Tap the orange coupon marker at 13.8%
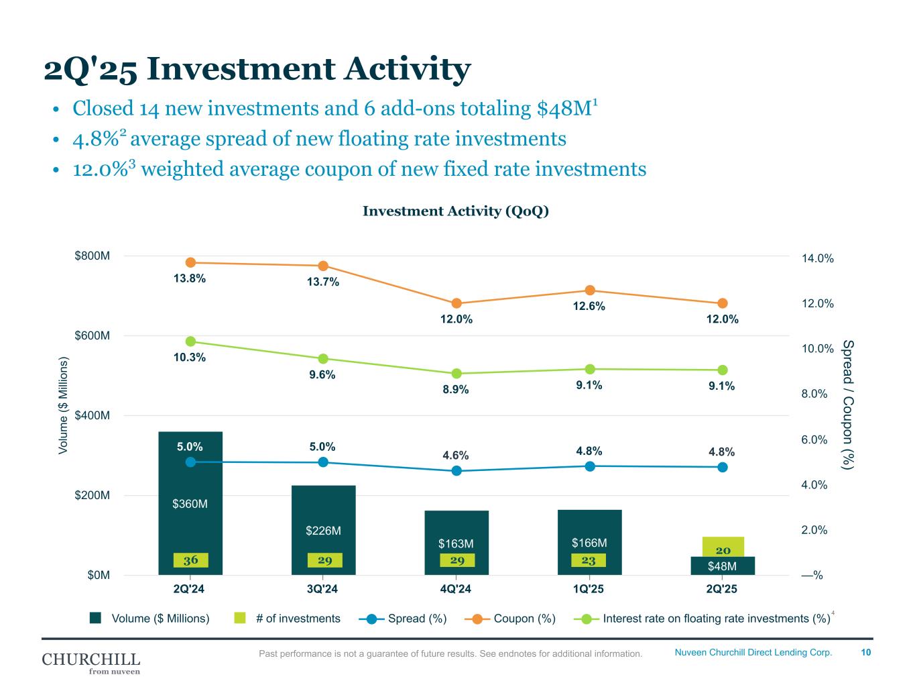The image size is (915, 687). (x=190, y=262)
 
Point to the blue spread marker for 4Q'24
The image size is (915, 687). (x=456, y=470)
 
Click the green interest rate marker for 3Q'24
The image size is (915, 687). (x=323, y=359)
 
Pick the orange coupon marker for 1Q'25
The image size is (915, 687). (x=590, y=290)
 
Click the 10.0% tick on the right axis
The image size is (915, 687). (x=817, y=349)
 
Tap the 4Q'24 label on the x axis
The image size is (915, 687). (x=456, y=589)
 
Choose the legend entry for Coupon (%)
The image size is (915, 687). (x=524, y=619)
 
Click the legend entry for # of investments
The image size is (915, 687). (x=298, y=619)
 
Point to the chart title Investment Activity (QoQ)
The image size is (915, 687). (x=456, y=211)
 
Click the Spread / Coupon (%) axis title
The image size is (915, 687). (x=848, y=405)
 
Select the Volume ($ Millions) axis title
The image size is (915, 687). (x=64, y=406)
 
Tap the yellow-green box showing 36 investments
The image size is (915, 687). (x=190, y=560)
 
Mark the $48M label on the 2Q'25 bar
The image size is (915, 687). (x=723, y=566)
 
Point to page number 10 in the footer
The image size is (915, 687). (x=866, y=652)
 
